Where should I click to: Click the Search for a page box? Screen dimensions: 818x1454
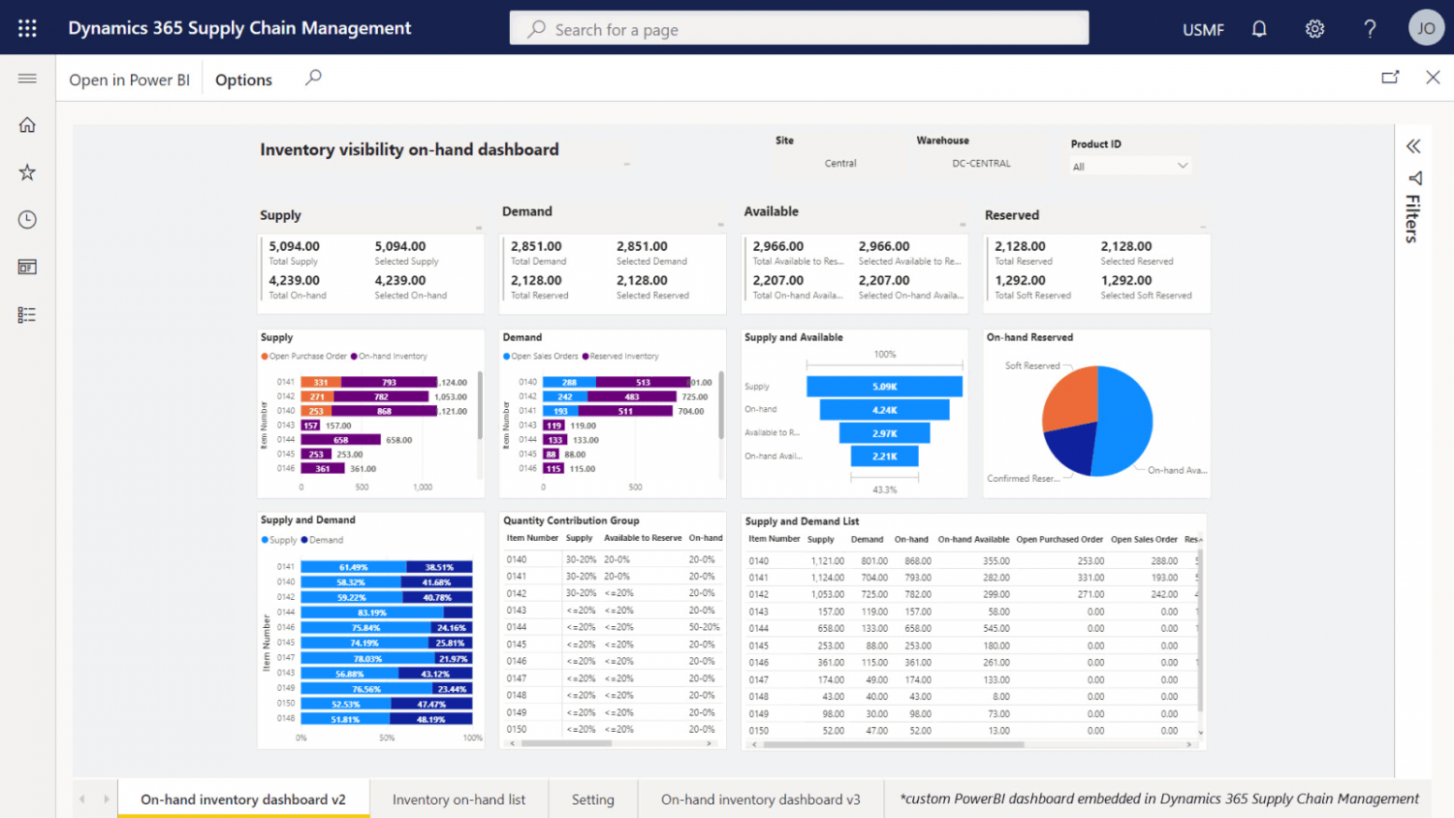pos(799,29)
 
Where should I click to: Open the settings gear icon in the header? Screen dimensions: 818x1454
pos(1314,29)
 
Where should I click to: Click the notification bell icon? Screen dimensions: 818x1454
pos(1259,29)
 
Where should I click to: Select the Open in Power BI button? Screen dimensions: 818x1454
pos(129,79)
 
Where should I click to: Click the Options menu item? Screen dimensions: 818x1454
pos(243,79)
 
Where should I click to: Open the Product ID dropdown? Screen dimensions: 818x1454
pos(1129,166)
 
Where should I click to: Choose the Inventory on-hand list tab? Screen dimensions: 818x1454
pos(458,800)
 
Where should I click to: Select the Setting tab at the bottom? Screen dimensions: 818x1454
pos(592,800)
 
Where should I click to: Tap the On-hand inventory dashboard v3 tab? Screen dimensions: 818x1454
pos(760,800)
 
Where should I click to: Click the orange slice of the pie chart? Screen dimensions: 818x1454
pos(1068,397)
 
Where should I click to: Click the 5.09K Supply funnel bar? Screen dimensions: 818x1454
pos(884,387)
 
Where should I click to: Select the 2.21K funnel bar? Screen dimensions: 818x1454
pos(884,456)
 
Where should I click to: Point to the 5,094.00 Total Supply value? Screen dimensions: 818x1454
pos(294,246)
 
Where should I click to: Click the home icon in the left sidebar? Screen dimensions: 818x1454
pos(27,125)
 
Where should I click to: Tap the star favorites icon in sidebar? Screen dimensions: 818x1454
pos(27,173)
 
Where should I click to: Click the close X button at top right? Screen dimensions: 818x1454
pos(1433,78)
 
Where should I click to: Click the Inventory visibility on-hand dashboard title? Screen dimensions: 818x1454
pos(409,149)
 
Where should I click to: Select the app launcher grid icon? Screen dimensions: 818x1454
pos(27,28)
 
